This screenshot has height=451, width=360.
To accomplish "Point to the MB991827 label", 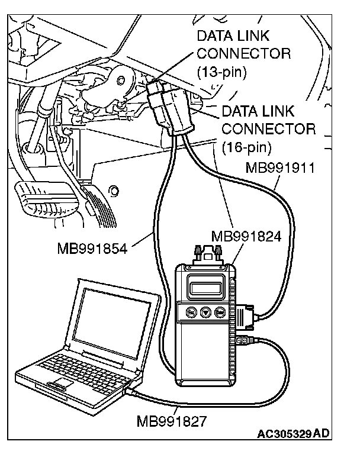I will (x=172, y=421).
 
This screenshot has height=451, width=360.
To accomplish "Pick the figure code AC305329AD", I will (x=292, y=434).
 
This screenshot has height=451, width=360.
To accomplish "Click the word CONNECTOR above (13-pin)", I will (x=243, y=54).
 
